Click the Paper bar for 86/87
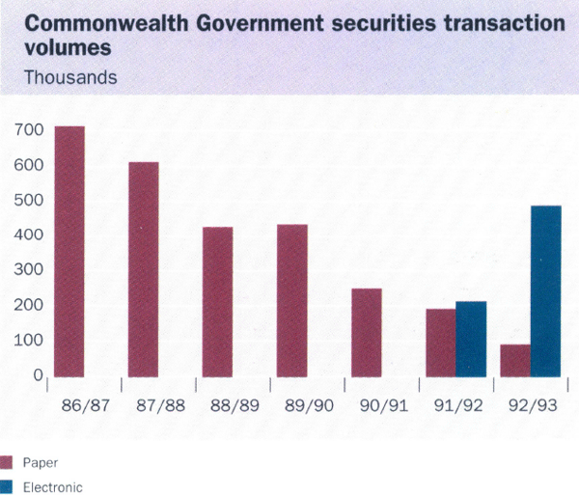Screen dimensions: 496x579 (69, 251)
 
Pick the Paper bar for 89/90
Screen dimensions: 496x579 (292, 300)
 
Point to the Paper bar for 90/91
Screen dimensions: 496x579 (367, 332)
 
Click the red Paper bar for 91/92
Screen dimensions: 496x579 (441, 343)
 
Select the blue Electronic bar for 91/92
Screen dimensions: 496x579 (471, 339)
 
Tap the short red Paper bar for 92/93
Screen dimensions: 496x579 (515, 360)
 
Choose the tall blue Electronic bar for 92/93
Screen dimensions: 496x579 (545, 290)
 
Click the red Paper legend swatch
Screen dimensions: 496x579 (8, 461)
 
